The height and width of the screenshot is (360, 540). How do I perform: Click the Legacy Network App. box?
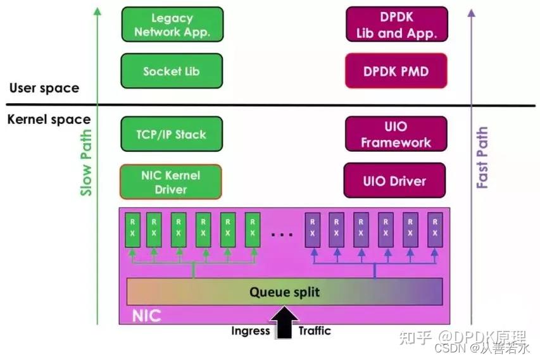[x=172, y=25]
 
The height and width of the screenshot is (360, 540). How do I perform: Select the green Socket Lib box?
[x=172, y=71]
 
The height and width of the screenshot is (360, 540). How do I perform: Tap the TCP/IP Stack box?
[x=172, y=134]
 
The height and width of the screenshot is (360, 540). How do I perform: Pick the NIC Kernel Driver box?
[x=172, y=182]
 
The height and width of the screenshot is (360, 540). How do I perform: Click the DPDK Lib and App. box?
[x=396, y=25]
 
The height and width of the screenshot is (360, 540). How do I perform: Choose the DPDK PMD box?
[x=396, y=71]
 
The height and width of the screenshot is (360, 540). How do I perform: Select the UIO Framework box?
[x=396, y=134]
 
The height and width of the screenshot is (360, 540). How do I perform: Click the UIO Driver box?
[x=394, y=181]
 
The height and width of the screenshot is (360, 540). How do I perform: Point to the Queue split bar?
[x=284, y=292]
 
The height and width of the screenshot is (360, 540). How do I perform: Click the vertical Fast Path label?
[x=482, y=158]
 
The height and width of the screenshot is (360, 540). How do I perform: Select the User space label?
[x=44, y=88]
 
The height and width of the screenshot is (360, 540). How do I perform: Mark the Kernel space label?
[x=49, y=120]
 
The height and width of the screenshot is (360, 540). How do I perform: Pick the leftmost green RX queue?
[x=132, y=228]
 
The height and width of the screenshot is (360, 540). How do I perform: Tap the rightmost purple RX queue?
[x=434, y=228]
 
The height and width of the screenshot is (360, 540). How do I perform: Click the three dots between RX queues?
[x=282, y=234]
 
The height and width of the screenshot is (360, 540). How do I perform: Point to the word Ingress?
[x=251, y=331]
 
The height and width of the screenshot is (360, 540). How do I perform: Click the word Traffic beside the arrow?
[x=315, y=331]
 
